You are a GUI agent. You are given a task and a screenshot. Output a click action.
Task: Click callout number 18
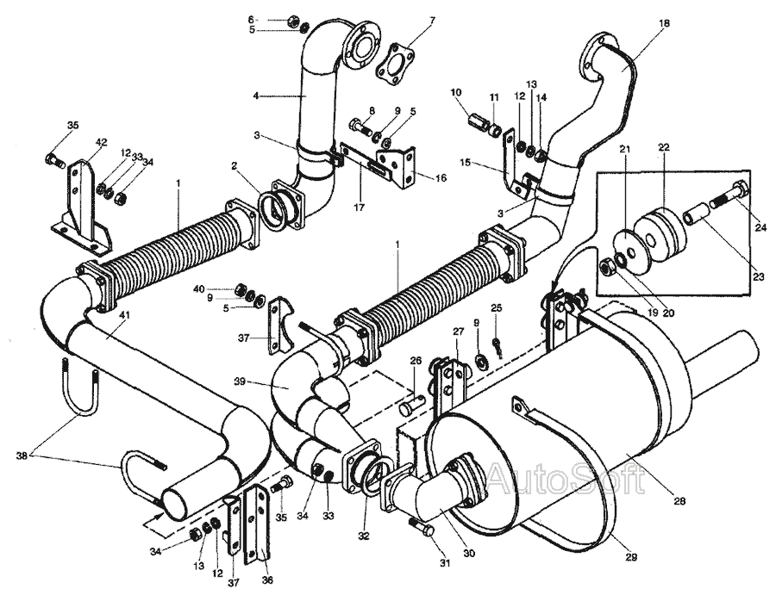coord(664,22)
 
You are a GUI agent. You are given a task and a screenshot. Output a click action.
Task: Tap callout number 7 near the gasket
coord(433,21)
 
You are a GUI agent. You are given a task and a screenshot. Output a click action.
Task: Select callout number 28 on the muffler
coord(679,500)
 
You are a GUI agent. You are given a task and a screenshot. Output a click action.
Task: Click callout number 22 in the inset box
coord(664,147)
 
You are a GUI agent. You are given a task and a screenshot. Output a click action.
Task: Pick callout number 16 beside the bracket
coord(440,178)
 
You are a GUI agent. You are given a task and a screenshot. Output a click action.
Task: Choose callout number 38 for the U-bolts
coord(22,456)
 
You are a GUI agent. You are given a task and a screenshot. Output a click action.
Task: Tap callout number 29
coord(631,557)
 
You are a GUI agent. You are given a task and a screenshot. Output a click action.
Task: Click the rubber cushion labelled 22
coord(660,230)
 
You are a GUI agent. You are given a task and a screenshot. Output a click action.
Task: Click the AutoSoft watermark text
coord(566,479)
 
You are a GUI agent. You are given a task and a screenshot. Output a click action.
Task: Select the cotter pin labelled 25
coord(497,347)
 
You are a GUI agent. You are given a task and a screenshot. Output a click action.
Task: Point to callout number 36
coord(267,580)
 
